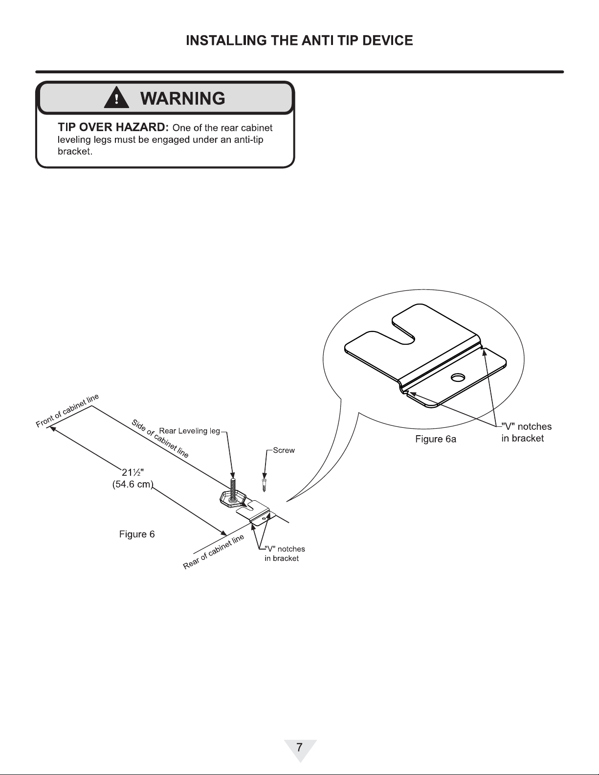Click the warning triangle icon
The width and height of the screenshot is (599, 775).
click(116, 98)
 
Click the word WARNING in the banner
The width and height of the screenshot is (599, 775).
click(182, 98)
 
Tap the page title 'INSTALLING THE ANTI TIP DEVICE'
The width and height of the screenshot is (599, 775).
click(299, 41)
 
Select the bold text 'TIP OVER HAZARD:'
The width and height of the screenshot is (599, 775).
click(113, 127)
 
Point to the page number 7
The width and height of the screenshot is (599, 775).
click(299, 747)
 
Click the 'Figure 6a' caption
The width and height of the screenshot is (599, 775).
click(435, 439)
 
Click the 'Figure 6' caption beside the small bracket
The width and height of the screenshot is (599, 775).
click(137, 534)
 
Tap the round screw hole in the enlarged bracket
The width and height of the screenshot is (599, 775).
click(458, 377)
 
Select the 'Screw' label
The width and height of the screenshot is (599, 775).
click(284, 450)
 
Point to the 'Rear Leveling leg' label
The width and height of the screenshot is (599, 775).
click(189, 431)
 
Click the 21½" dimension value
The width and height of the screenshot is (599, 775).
click(133, 472)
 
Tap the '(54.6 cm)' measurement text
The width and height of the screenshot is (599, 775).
click(133, 485)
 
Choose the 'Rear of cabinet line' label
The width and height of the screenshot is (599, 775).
click(214, 552)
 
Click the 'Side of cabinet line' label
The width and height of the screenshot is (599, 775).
click(160, 438)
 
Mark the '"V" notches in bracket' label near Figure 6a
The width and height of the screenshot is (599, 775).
click(526, 432)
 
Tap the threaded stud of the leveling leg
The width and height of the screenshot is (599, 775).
click(233, 487)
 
